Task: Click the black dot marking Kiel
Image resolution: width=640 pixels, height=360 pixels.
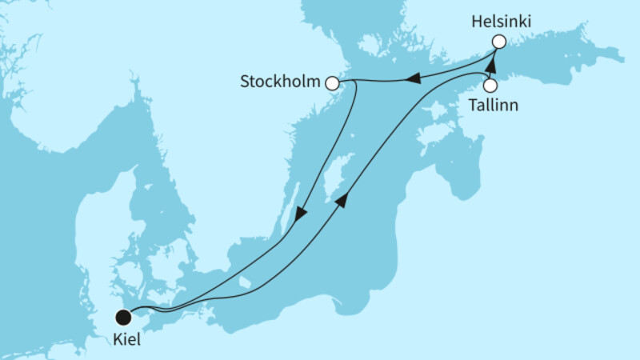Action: tap(123, 317)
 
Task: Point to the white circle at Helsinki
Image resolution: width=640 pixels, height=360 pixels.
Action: tap(498, 42)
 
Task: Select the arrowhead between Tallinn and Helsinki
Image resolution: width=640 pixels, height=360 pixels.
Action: tap(491, 64)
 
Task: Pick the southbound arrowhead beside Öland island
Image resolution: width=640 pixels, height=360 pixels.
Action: tap(302, 214)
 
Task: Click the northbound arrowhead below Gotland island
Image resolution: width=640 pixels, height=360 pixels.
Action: tap(342, 200)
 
